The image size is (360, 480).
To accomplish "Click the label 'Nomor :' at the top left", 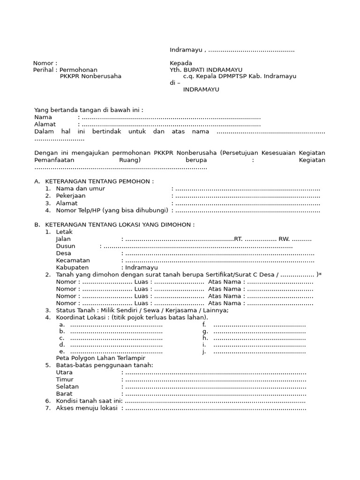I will [45, 63].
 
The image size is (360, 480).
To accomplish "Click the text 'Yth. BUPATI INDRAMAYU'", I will [206, 70].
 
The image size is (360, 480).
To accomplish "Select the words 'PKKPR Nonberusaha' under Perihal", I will [90, 76].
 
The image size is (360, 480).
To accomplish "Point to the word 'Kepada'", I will [181, 63].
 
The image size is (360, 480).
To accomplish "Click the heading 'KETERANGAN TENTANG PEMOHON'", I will [99, 181].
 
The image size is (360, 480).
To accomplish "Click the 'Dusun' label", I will [66, 246].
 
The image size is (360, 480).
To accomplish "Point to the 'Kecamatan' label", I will [73, 260].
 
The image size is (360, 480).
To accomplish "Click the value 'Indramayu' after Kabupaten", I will [141, 268].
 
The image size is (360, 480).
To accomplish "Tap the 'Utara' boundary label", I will [64, 372].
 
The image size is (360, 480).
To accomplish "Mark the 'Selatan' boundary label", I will [67, 387].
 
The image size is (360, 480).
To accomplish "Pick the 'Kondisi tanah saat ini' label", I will [89, 401].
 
